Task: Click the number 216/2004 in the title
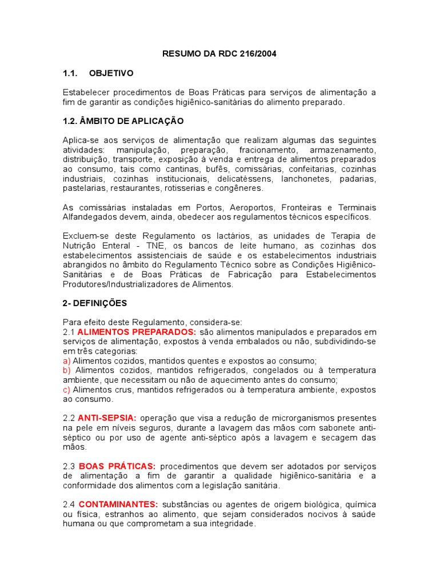coord(260,54)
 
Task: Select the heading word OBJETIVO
coord(111,73)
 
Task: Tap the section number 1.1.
coord(70,73)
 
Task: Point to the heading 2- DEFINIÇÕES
coord(95,303)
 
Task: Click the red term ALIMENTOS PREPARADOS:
coord(137,332)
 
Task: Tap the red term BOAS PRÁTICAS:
coord(115,466)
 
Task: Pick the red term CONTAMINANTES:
coord(118,504)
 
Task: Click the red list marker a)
coord(66,360)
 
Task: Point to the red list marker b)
coord(66,370)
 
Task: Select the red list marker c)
coord(66,390)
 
